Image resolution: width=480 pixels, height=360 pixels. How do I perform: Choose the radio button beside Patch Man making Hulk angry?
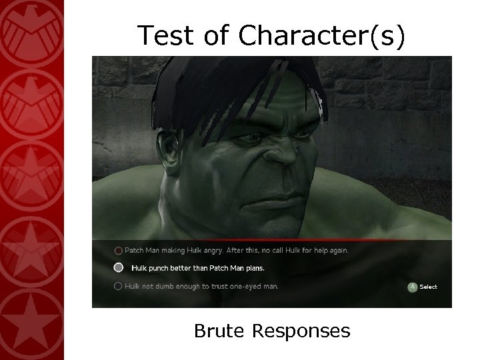click(118, 251)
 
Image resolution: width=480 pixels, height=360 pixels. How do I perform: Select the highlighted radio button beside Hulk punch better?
click(118, 268)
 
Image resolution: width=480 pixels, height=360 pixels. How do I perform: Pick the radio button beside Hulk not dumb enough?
click(118, 286)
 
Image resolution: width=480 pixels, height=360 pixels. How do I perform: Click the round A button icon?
click(413, 287)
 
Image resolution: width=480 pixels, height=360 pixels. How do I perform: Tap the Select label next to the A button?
click(429, 287)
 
